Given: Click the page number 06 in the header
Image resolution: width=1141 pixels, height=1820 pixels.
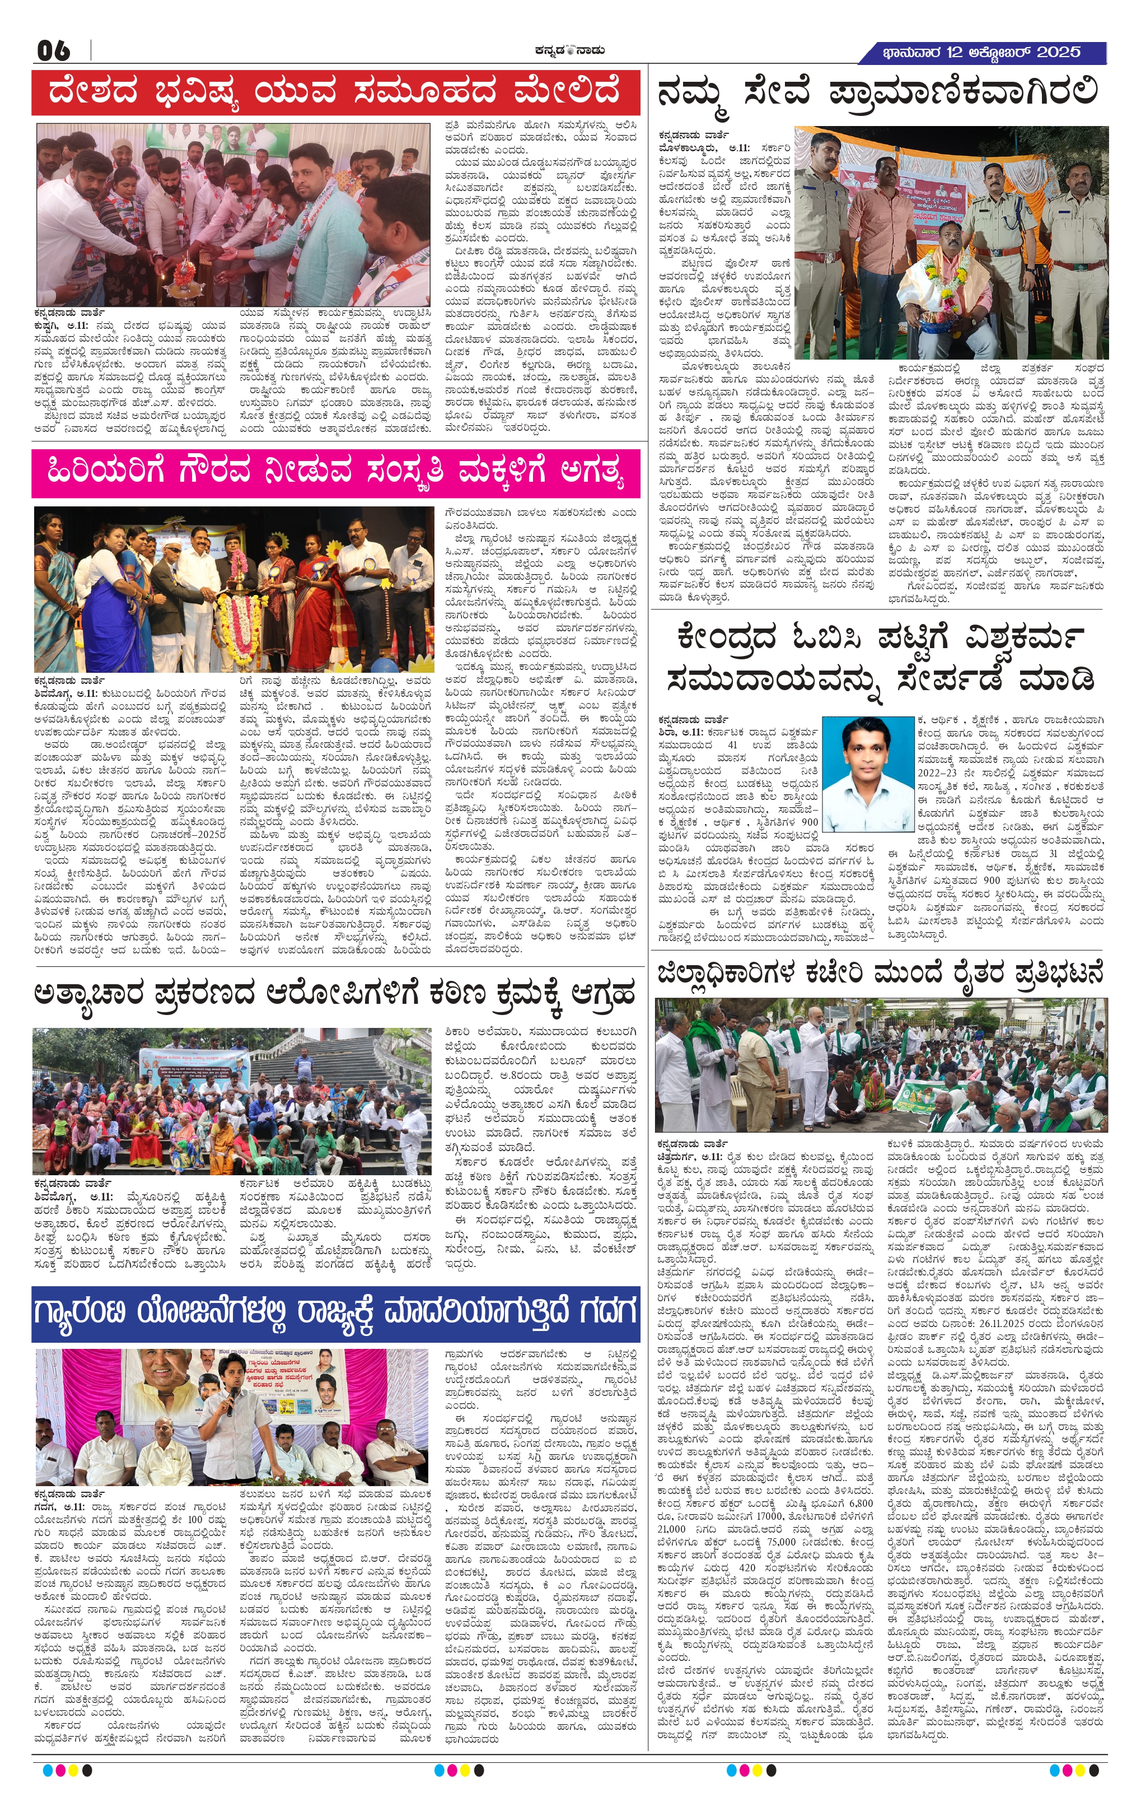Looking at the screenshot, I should pos(54,52).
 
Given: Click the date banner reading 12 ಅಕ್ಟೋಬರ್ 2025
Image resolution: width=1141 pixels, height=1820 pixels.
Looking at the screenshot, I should pos(982,52).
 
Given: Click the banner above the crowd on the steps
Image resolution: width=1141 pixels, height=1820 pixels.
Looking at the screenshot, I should pos(184,1064).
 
